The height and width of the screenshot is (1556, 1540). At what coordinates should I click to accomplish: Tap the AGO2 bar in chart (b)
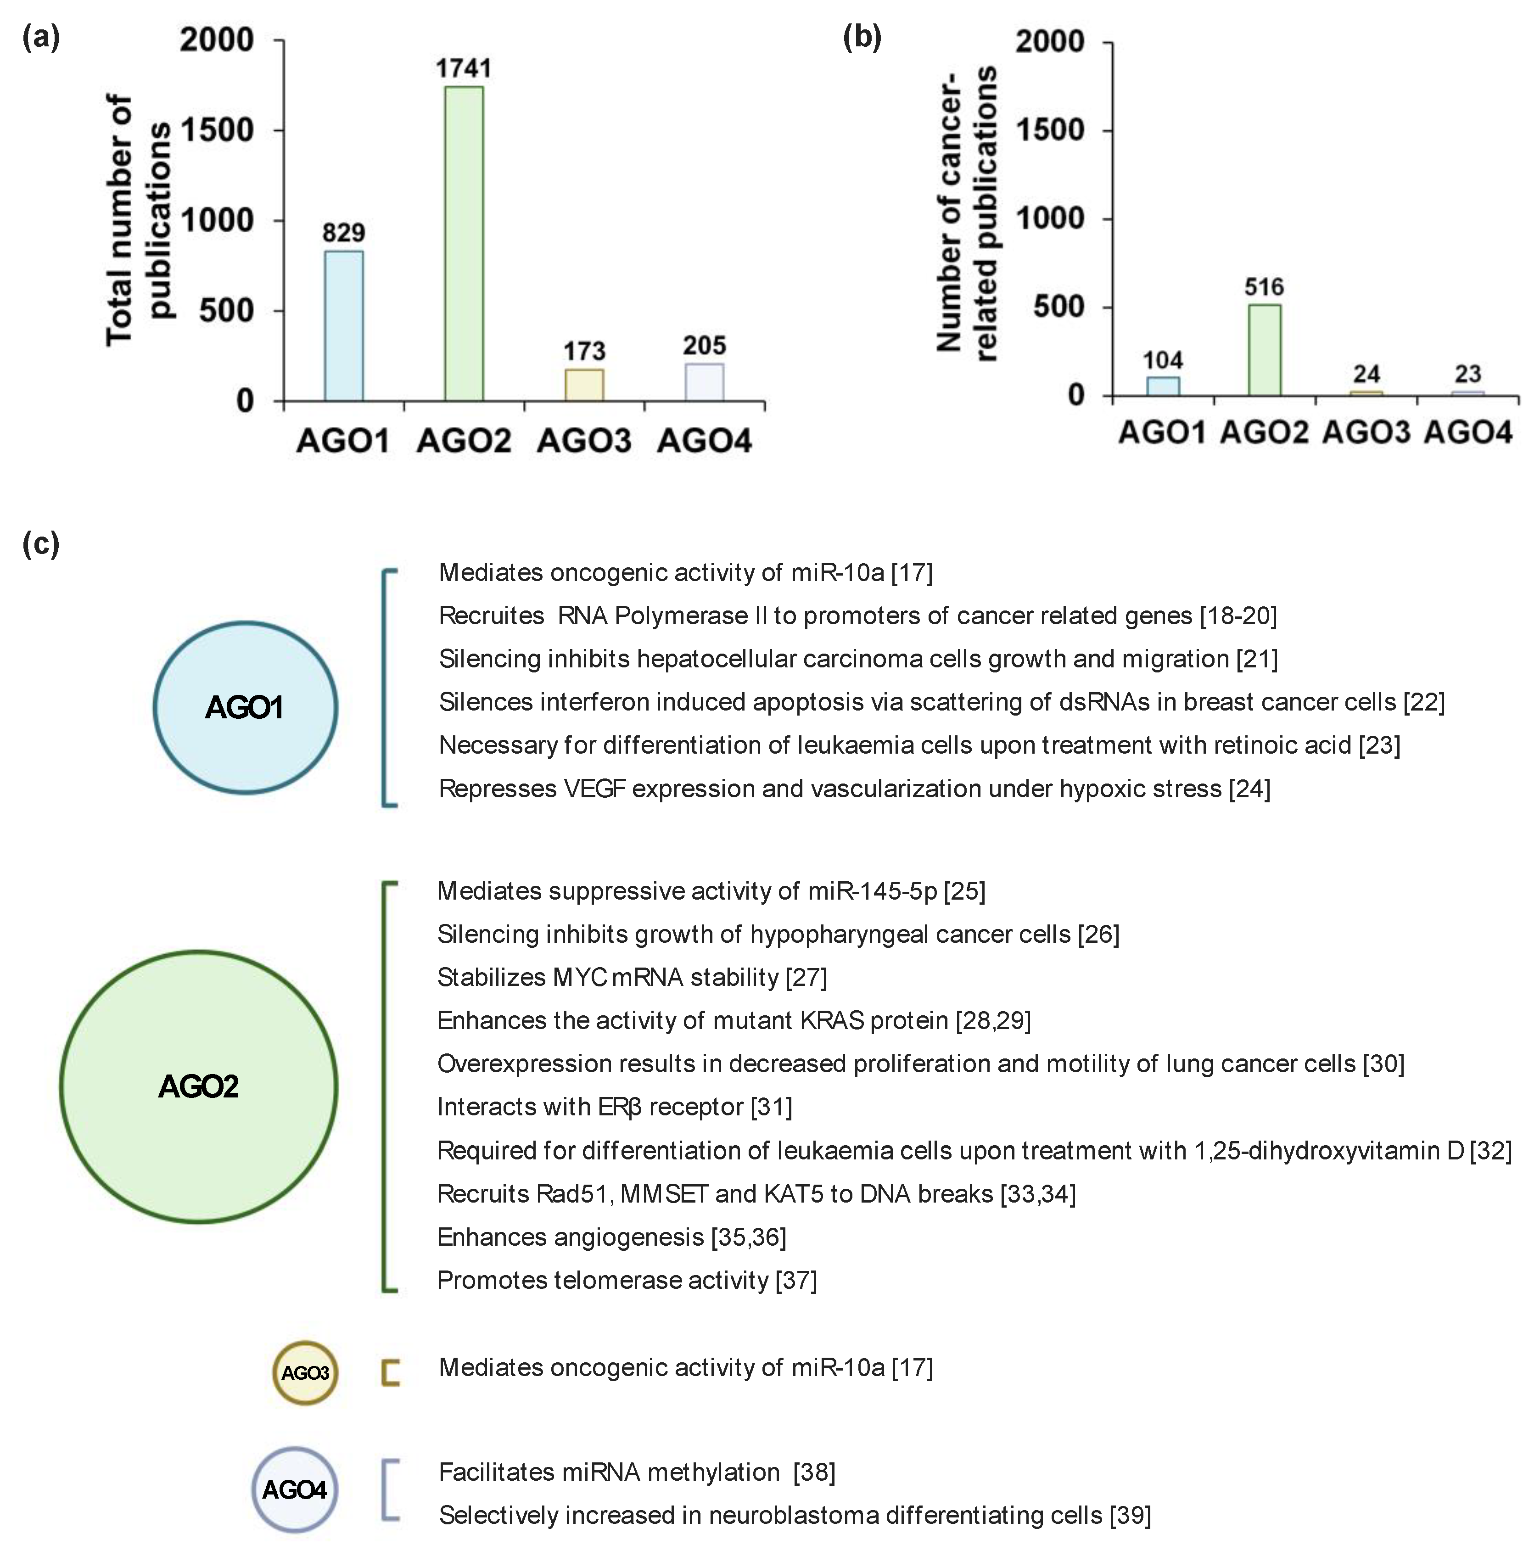(x=1264, y=350)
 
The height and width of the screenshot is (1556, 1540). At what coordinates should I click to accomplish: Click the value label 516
(x=1264, y=287)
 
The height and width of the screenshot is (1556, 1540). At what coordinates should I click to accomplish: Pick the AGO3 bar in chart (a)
(x=584, y=385)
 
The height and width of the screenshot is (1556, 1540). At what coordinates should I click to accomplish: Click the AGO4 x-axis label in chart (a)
(x=704, y=441)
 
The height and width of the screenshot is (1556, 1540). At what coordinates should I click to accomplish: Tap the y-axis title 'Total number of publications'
(x=139, y=220)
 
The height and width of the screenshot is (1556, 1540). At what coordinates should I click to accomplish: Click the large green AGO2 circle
(x=199, y=1086)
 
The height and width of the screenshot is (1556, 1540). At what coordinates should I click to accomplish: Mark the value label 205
(x=704, y=346)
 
